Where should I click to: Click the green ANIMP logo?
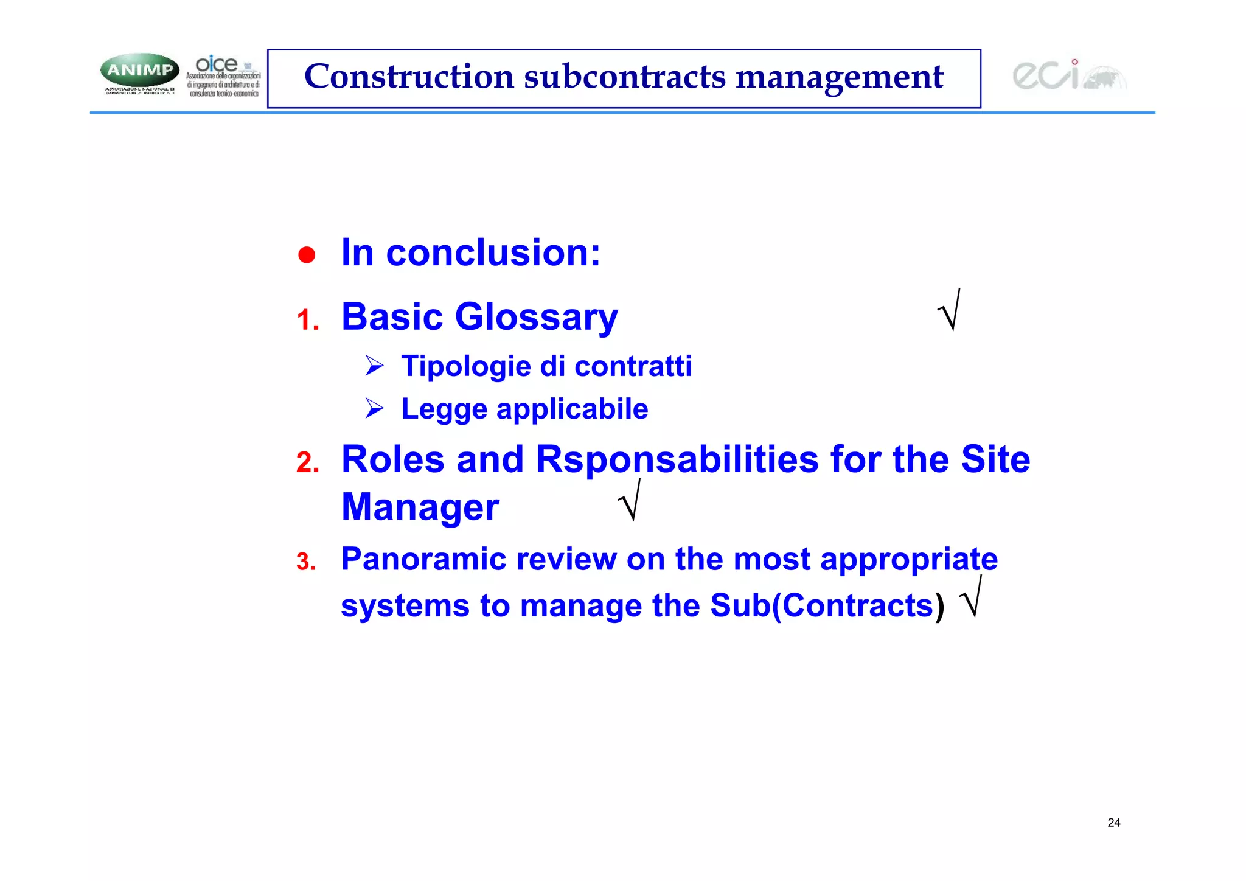coord(139,71)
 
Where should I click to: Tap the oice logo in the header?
coord(223,75)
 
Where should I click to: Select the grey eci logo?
coord(1068,75)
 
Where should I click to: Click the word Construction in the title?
coord(409,77)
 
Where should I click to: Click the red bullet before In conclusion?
coord(307,255)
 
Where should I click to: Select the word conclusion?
coord(493,252)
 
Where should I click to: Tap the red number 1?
coord(307,320)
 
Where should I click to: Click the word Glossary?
coord(536,318)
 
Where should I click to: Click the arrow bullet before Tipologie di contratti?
coord(374,366)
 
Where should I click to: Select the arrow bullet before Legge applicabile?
coord(374,408)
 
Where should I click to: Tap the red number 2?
coord(307,462)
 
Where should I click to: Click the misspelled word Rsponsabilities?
coord(677,459)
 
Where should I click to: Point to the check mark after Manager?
coord(630,501)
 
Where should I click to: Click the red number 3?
coord(306,562)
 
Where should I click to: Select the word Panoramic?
coord(423,559)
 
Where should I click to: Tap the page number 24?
coord(1113,823)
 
